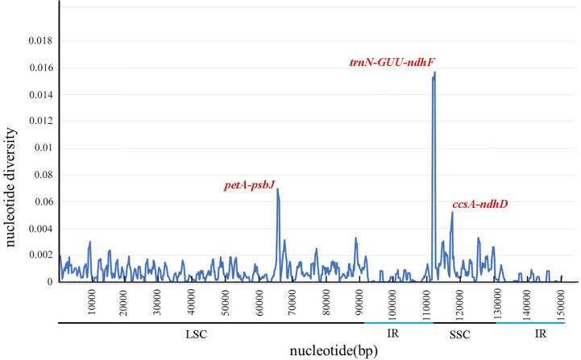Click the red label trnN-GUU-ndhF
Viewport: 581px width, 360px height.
click(392, 62)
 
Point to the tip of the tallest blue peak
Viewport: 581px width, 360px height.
click(434, 72)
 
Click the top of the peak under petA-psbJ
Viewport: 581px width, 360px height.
click(277, 189)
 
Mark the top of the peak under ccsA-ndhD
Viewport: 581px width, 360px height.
click(452, 213)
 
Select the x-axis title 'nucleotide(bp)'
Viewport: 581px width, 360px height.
click(311, 350)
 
